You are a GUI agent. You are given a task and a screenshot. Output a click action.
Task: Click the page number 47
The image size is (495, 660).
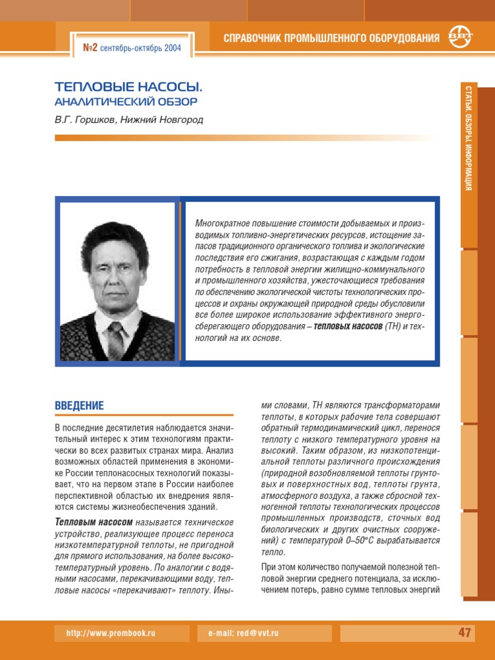point(465,633)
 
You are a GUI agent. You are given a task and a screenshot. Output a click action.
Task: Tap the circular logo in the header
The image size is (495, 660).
point(460,37)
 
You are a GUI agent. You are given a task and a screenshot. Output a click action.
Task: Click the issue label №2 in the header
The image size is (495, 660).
point(90,48)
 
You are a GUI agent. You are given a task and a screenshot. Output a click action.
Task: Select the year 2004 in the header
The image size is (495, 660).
point(171,48)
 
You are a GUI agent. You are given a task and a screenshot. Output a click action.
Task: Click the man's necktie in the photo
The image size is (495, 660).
point(116,339)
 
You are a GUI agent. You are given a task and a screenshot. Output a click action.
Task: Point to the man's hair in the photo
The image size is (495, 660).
point(113,236)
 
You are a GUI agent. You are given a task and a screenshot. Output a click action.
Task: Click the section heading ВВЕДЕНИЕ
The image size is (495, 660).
point(79,406)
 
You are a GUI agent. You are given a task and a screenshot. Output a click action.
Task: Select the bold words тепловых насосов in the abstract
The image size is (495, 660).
point(349,327)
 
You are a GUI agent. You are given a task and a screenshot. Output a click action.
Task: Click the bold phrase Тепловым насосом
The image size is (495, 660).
point(94,521)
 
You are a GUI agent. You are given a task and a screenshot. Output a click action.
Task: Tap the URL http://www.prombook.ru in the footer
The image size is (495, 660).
point(111,634)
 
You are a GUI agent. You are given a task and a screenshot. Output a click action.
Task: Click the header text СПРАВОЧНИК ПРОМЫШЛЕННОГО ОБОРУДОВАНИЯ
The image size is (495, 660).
point(331,38)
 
